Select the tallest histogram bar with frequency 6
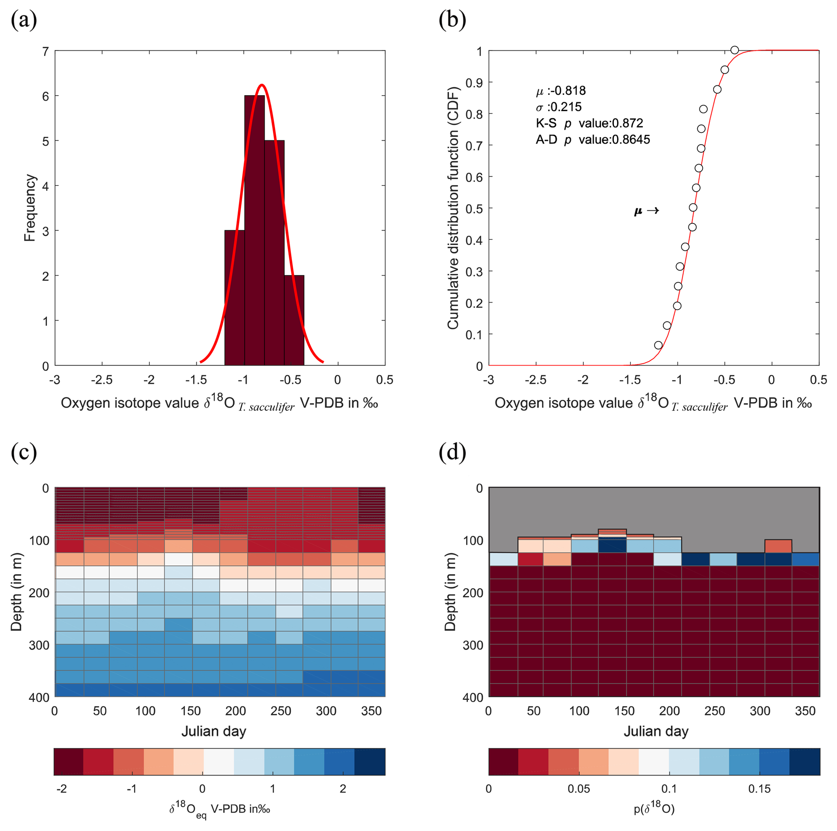click(254, 230)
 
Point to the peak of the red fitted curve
click(262, 85)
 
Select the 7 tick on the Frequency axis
click(45, 51)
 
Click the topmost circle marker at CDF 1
click(734, 50)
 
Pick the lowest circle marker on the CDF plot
click(658, 345)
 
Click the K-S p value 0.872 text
click(589, 123)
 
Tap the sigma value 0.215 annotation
click(559, 107)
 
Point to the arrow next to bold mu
click(652, 211)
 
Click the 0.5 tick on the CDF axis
click(473, 209)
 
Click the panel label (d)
click(452, 453)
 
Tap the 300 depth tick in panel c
click(39, 645)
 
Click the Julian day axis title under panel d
click(656, 731)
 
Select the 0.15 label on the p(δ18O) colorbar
click(759, 788)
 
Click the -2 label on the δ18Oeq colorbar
click(62, 788)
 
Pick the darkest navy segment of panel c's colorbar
click(370, 761)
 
